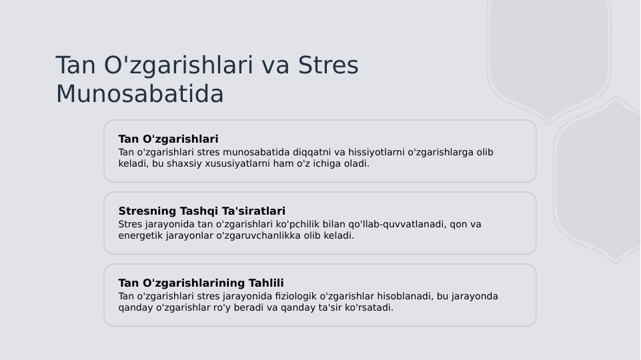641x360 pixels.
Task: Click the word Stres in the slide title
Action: click(328, 65)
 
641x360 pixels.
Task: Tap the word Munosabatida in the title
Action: click(139, 94)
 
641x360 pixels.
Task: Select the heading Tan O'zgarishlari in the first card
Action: click(168, 139)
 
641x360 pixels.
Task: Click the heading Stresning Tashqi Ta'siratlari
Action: click(201, 211)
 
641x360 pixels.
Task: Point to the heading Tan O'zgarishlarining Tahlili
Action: click(201, 283)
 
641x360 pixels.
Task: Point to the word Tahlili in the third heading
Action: click(266, 283)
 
